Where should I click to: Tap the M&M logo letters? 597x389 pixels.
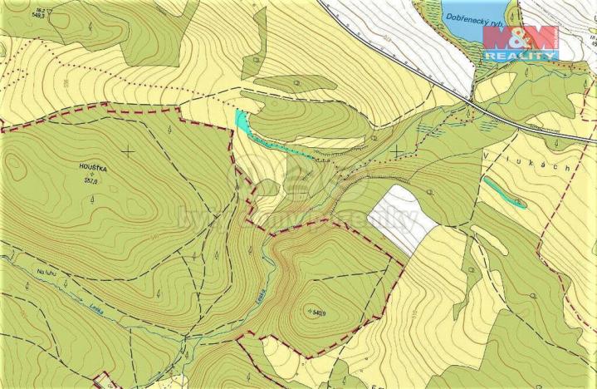point(521,38)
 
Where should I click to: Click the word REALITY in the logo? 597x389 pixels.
point(521,56)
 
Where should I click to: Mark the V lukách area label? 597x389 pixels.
point(526,161)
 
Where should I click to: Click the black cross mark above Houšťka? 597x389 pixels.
point(128,150)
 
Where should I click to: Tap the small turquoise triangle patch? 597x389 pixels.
point(241,120)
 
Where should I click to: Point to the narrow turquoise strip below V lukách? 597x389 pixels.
point(505,192)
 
